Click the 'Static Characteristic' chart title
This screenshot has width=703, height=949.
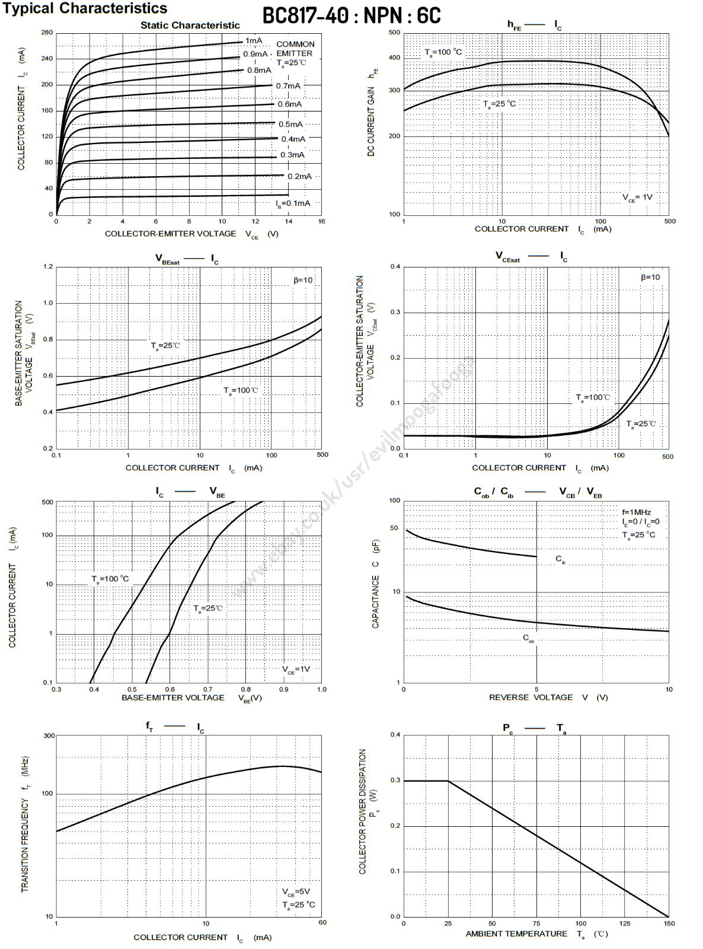click(190, 26)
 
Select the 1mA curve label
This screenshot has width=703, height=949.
click(254, 40)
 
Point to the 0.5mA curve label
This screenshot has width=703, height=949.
click(290, 124)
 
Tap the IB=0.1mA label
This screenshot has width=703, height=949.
click(293, 203)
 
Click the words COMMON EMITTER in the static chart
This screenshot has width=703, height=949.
click(295, 49)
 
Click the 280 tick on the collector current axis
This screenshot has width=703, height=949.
click(47, 33)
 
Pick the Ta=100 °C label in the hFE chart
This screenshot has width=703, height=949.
click(443, 52)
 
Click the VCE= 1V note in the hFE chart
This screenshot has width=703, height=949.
click(637, 198)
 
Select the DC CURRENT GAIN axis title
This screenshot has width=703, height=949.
click(372, 121)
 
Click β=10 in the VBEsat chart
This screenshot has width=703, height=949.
click(303, 280)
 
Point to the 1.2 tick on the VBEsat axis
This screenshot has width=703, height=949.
click(47, 267)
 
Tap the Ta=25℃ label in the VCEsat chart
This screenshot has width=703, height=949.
click(641, 423)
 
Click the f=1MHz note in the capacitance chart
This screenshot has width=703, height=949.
click(636, 512)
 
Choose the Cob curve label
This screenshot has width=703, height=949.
click(528, 638)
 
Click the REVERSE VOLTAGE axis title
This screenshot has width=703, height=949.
click(531, 698)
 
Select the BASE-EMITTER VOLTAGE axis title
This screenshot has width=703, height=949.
click(173, 698)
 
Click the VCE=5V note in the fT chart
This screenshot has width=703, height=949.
click(296, 891)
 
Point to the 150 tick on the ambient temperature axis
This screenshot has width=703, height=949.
click(669, 923)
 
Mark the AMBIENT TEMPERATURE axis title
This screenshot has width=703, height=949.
click(516, 934)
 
